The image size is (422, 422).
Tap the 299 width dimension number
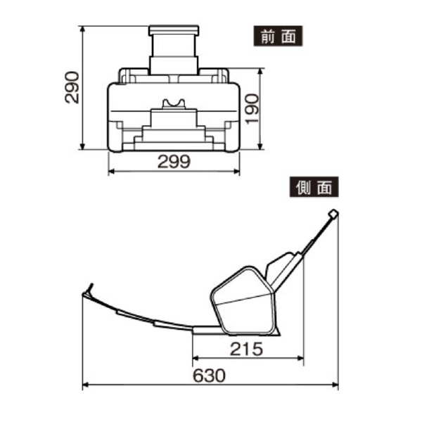pos(174,162)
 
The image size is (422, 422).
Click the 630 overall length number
pos(208,376)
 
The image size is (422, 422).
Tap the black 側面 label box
pos(314,188)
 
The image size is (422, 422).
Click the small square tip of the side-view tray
pos(333,214)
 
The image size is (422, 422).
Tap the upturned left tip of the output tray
pos(89,288)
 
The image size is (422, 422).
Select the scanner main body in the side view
pos(243,299)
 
